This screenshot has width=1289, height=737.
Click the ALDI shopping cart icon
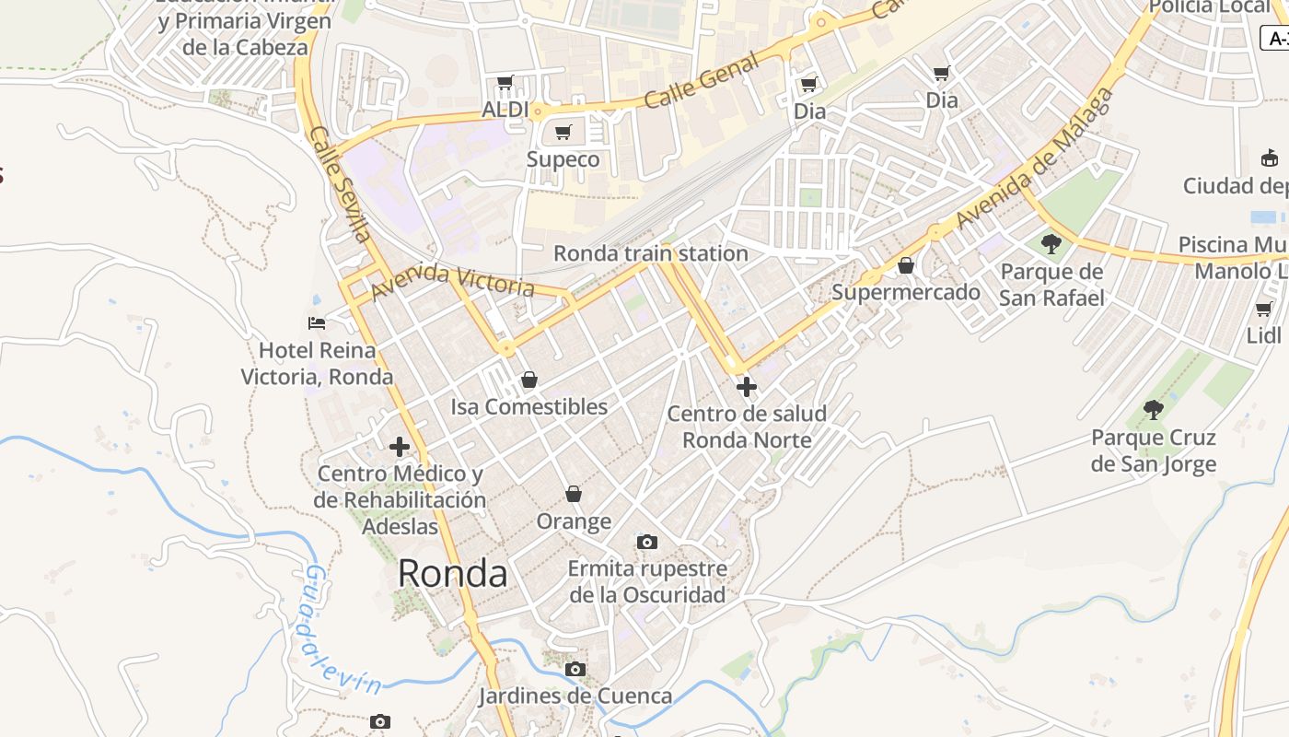505,83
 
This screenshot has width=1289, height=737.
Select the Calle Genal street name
702,80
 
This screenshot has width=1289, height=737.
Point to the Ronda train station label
650,253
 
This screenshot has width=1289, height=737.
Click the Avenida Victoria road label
452,281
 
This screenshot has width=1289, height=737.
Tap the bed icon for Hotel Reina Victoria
317,323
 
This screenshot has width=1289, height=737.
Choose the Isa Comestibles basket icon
528,380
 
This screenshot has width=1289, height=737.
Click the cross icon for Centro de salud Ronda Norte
747,387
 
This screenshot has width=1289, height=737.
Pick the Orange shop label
574,521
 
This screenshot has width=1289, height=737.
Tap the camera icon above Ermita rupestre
647,542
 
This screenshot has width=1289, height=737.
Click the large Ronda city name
452,574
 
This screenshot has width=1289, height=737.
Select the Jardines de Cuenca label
575,696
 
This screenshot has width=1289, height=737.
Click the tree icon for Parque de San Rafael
1051,244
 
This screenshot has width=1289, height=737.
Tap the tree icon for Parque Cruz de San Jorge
1153,410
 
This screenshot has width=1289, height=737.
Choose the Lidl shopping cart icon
1264,309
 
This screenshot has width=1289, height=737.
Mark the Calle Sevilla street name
340,183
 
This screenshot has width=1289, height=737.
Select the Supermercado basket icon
906,265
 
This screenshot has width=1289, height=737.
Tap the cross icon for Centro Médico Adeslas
399,447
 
